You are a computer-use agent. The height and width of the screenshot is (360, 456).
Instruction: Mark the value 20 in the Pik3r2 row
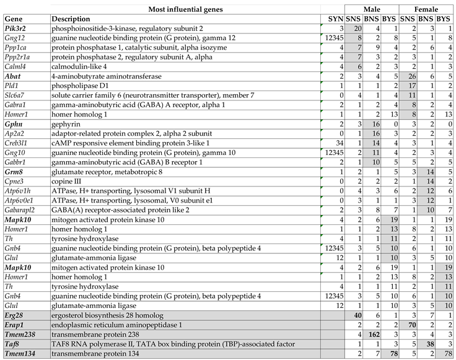coord(357,29)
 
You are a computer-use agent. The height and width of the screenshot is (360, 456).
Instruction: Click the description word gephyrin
coord(67,124)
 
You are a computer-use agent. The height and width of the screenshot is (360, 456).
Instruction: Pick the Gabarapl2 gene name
coord(22,210)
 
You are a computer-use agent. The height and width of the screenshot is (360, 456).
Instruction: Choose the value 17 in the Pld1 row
coord(411,85)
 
